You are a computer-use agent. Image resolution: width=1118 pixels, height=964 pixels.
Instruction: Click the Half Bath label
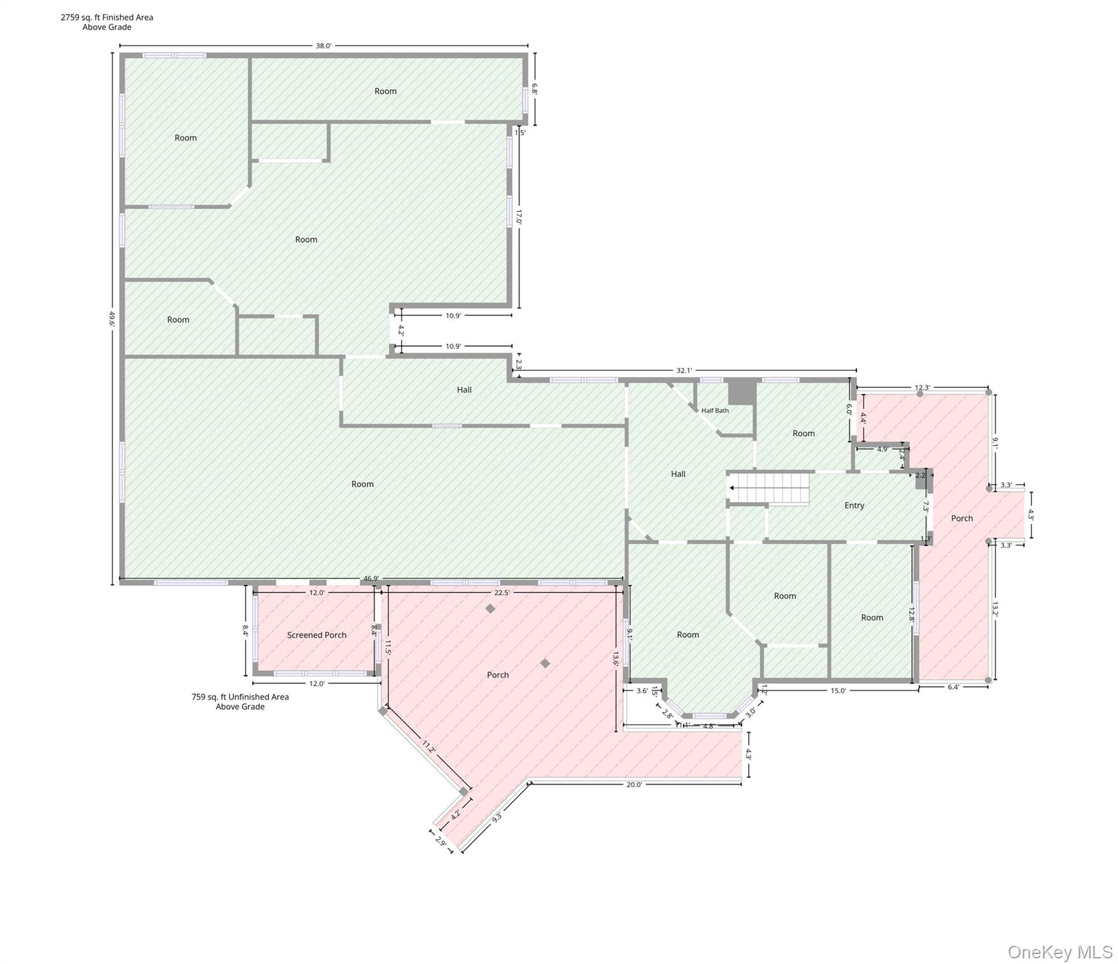715,410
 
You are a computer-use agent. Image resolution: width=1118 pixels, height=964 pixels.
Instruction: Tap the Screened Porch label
317,635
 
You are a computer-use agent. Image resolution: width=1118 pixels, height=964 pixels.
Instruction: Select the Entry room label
854,505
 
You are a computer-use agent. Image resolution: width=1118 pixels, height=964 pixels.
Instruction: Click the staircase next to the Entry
769,488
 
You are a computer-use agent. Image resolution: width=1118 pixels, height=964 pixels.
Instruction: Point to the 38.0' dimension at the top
323,46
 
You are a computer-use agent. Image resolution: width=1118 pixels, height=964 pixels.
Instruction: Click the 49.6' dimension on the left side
112,319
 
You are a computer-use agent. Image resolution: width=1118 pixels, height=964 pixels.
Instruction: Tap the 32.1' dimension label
684,370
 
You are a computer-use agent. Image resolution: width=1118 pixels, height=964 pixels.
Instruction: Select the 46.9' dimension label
371,579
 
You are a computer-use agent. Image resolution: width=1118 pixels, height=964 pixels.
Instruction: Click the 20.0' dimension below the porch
634,785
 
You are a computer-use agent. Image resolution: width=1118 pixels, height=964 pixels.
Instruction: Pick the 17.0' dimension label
519,217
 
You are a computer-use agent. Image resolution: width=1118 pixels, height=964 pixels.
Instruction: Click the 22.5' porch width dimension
502,592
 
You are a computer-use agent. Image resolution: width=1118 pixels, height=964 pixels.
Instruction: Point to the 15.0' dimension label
838,690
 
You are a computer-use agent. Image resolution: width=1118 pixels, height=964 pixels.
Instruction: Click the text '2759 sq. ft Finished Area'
107,18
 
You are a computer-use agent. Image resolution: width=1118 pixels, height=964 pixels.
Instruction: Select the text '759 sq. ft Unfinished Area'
240,697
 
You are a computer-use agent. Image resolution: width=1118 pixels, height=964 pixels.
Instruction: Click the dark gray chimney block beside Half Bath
742,392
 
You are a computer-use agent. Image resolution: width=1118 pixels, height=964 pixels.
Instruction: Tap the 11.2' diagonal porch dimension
429,747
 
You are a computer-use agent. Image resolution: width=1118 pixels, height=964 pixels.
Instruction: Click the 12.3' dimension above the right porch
922,388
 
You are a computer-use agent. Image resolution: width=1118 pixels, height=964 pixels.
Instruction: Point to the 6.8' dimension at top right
535,88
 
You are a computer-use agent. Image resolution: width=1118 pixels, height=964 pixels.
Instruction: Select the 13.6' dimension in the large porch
615,658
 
